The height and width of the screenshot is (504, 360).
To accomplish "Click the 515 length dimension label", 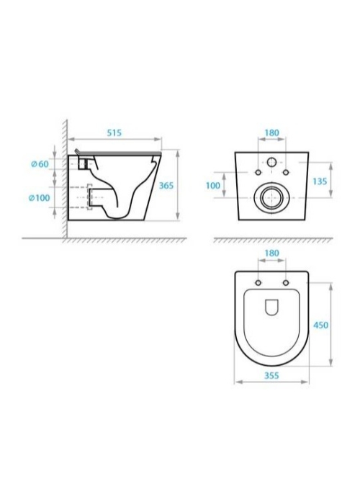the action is tap(114, 132).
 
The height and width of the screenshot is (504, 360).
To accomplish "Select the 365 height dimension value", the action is tap(166, 186).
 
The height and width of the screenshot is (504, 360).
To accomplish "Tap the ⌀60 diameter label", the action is tap(40, 164).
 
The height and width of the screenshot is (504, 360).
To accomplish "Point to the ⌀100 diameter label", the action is tap(39, 198).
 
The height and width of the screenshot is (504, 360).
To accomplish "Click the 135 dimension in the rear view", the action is tap(320, 181).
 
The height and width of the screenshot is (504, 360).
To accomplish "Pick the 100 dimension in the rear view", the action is tap(213, 186).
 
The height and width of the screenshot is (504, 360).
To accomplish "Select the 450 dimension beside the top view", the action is tap(321, 325).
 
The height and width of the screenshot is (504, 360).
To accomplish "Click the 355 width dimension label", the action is tap(271, 375).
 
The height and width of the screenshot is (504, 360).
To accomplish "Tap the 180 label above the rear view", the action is tap(272, 132).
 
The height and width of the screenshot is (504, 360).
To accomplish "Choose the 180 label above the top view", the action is tap(272, 253).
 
